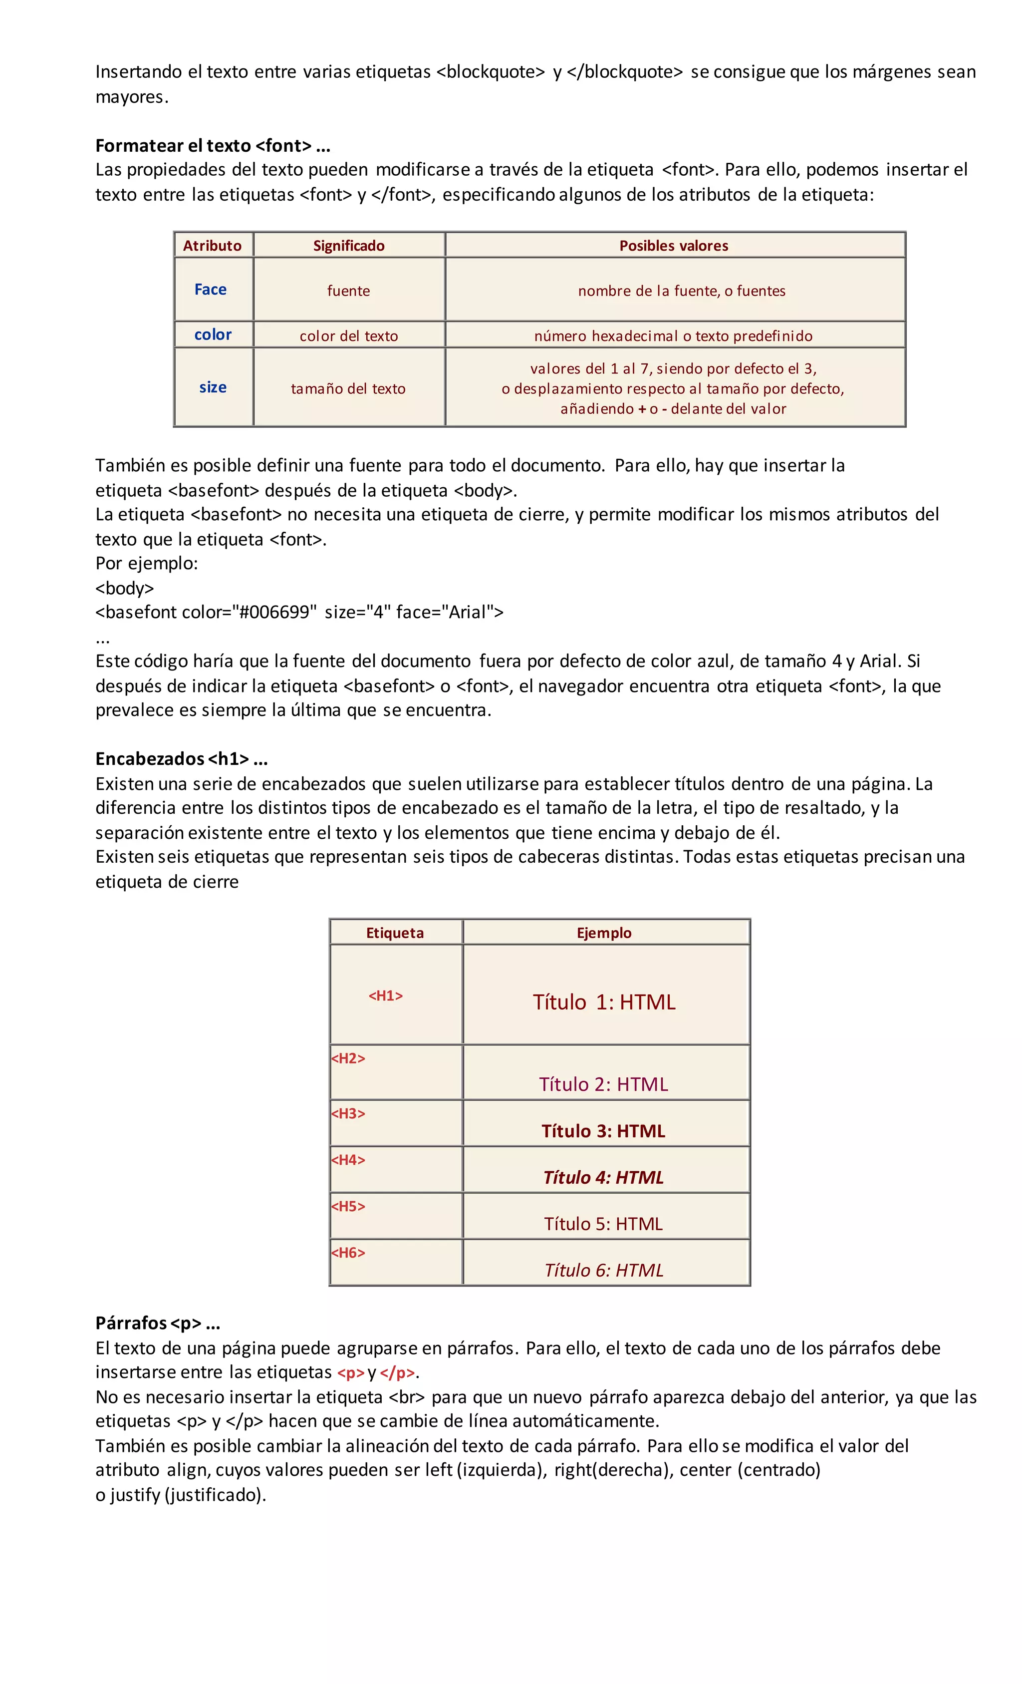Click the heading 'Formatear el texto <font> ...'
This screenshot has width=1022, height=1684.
[x=213, y=146]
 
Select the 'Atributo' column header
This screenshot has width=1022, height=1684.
[x=213, y=245]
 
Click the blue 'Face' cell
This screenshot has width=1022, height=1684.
[x=211, y=289]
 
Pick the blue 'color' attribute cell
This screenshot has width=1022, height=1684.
[x=213, y=334]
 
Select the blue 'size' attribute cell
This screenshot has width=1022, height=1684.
[x=213, y=387]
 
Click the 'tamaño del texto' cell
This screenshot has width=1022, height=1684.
[x=348, y=388]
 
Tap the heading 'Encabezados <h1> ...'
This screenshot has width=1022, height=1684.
[x=181, y=758]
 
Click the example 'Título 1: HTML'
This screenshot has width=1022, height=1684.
[x=603, y=1002]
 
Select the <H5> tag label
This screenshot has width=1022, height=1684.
[x=348, y=1206]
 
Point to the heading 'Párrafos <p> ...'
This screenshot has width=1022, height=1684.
[x=157, y=1323]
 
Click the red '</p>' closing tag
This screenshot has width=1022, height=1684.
[x=397, y=1372]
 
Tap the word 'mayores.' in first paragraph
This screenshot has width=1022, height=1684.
[x=131, y=97]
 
